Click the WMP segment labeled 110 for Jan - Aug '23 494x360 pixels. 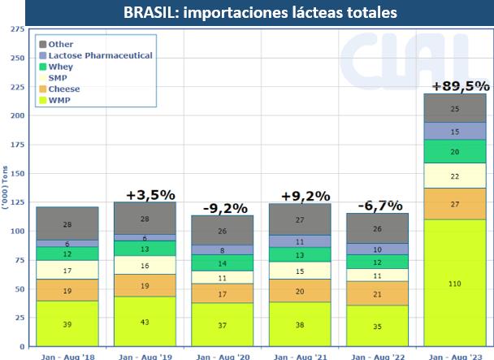454,283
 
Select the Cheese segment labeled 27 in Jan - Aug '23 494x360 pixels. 454,204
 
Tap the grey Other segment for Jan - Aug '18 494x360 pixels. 67,223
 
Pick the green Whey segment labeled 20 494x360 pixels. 454,152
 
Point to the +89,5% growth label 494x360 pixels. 460,86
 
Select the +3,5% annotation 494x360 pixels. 151,194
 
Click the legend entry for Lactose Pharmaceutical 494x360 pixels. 101,54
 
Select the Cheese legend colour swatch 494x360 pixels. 41,89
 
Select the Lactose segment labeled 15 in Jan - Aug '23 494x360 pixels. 454,131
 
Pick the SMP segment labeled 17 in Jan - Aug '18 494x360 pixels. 67,270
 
